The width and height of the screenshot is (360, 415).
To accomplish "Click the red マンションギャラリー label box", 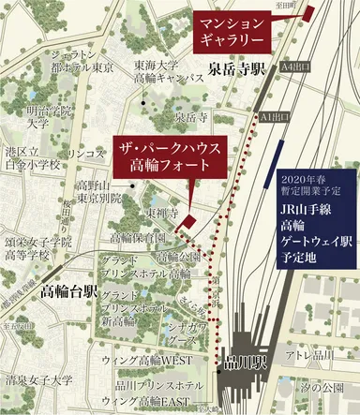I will pos(231,33).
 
